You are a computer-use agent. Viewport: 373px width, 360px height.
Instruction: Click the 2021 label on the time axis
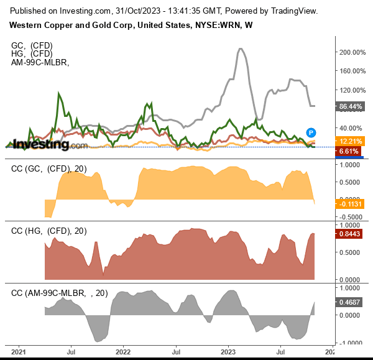[19, 351]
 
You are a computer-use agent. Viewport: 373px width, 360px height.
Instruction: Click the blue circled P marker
[311, 132]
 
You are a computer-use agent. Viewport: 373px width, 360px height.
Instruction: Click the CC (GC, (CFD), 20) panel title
[49, 169]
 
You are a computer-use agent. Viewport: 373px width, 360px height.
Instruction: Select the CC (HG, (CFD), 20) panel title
[49, 231]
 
